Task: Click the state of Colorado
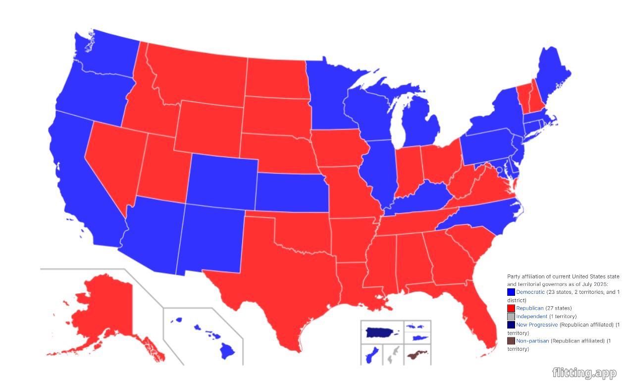click(x=223, y=181)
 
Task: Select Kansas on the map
click(x=291, y=193)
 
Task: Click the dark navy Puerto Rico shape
click(x=381, y=332)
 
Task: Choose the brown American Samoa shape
click(x=416, y=355)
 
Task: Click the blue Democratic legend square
click(x=511, y=292)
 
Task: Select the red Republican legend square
click(x=511, y=308)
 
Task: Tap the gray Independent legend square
click(x=511, y=316)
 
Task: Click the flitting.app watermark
click(x=584, y=373)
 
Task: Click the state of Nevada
click(x=111, y=156)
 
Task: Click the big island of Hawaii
click(x=227, y=351)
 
